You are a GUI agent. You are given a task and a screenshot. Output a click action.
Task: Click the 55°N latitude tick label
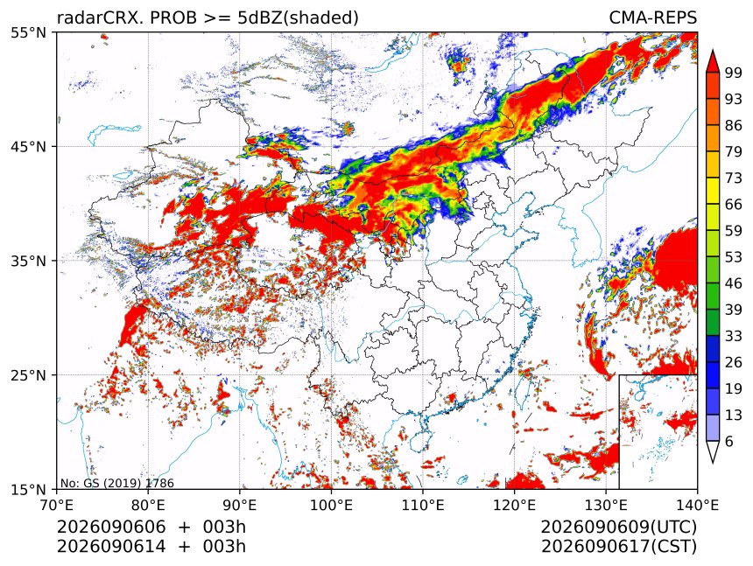coord(28,32)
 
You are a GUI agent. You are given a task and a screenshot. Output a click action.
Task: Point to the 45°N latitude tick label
coord(28,147)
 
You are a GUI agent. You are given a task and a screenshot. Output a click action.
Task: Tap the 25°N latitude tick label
coord(28,375)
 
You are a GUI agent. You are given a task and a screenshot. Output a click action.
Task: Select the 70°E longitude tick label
coord(57,505)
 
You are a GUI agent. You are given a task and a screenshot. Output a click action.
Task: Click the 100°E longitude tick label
coord(331,505)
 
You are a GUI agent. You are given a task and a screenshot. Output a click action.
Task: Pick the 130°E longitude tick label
coord(606,505)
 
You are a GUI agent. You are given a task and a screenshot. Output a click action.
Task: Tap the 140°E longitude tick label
coord(697,505)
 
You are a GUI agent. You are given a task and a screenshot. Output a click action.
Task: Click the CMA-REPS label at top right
coord(652,17)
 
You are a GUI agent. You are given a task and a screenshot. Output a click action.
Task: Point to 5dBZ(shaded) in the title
coord(298,18)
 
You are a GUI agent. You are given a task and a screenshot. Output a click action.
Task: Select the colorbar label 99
coord(734,73)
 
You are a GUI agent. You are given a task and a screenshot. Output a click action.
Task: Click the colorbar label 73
coord(734,178)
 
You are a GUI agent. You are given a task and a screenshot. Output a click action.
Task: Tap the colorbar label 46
coord(734,283)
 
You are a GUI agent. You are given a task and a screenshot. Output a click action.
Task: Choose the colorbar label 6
coord(729,441)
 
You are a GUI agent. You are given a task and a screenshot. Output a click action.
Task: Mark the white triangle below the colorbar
coord(712,451)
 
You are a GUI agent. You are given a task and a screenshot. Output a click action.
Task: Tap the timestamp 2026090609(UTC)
coord(618,527)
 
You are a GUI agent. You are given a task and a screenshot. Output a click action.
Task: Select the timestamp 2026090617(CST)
coord(618,547)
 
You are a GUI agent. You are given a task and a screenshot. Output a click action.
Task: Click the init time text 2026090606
coord(111,527)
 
